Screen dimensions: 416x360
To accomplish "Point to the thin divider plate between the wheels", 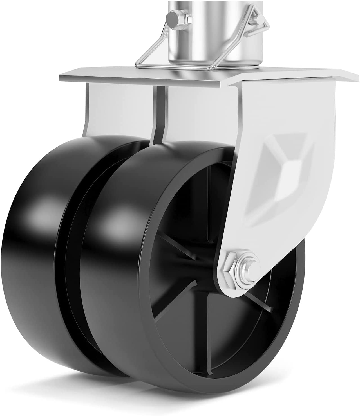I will coord(159,113).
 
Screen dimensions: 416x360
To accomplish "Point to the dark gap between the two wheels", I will coord(70,253).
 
